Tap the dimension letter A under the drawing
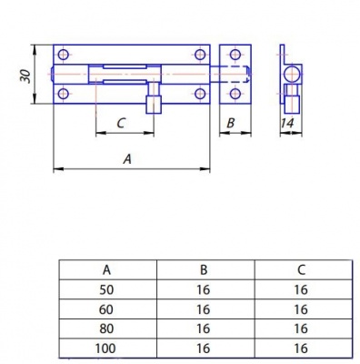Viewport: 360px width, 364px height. pyautogui.click(x=126, y=158)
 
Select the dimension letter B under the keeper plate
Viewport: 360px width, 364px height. pyautogui.click(x=230, y=123)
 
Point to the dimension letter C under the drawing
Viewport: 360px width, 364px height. pyautogui.click(x=121, y=124)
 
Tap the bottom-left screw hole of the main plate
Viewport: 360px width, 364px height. pyautogui.click(x=63, y=93)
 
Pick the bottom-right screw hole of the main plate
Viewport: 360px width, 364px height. pyautogui.click(x=198, y=93)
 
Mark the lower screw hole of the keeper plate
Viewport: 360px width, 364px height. pyautogui.click(x=235, y=93)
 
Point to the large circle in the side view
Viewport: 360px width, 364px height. pyautogui.click(x=290, y=74)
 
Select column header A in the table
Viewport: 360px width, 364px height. pyautogui.click(x=108, y=269)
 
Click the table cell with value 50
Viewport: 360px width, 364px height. pyautogui.click(x=108, y=289)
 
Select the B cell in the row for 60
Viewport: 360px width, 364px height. pyautogui.click(x=205, y=309)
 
